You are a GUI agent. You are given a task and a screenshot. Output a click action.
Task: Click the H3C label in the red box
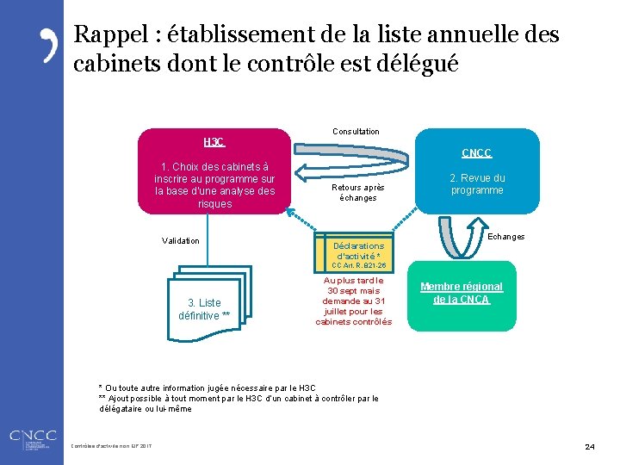(x=214, y=141)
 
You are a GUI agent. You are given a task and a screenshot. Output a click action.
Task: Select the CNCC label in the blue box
(x=476, y=153)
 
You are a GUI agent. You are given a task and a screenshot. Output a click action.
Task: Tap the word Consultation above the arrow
(x=356, y=131)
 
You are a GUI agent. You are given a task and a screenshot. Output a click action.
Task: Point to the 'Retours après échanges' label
(x=358, y=192)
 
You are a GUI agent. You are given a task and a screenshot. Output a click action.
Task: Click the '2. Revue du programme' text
(x=477, y=184)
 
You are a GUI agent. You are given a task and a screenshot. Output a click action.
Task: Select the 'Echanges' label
(x=506, y=236)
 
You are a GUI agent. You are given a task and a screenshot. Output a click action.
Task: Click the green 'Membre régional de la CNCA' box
(x=461, y=294)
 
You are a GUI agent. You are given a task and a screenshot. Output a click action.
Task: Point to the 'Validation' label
(x=181, y=240)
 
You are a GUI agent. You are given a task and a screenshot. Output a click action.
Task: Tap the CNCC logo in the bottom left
(x=32, y=437)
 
